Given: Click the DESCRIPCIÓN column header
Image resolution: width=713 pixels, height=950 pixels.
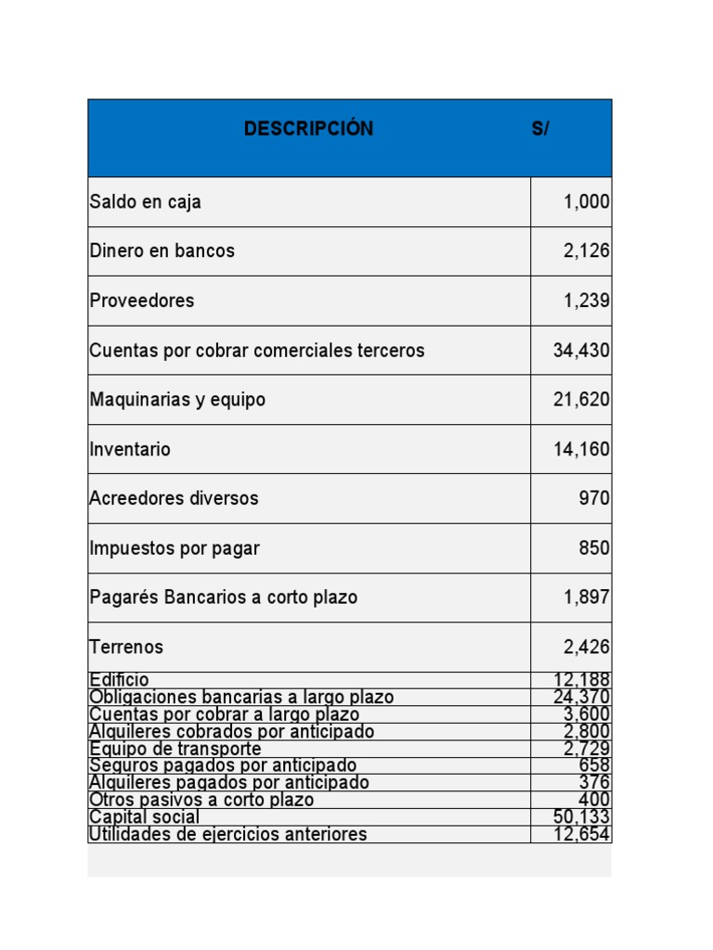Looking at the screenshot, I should coord(308,129).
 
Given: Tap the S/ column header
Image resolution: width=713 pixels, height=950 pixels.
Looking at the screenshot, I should coord(540,129).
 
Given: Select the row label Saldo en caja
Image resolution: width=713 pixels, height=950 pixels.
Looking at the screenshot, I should coord(146,202).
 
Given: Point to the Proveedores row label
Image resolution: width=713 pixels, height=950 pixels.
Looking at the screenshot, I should coord(142,301).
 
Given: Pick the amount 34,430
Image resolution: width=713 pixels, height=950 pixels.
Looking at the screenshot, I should coord(581,351).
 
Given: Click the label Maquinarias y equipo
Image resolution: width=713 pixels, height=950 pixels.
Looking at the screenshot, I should coord(177,400).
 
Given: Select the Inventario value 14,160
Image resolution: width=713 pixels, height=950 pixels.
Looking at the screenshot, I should coord(581,450).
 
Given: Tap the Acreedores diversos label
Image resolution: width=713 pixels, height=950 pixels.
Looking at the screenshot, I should coord(174,498).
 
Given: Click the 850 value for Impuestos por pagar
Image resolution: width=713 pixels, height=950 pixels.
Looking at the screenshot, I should coord(594,548).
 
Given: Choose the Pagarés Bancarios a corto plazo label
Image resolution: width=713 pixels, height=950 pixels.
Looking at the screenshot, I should coord(223,597).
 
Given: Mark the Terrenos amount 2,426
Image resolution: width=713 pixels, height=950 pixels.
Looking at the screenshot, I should coord(587,648).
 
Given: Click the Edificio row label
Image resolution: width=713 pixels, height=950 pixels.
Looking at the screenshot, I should coord(119,680).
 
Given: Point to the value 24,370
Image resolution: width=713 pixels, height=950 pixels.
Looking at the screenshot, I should coord(581,698).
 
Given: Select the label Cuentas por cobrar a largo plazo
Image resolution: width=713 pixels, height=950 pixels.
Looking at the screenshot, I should coord(224,714).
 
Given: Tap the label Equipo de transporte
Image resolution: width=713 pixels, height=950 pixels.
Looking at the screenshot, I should coord(175,749).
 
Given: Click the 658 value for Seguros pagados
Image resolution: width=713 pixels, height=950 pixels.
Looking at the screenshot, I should coord(594,765).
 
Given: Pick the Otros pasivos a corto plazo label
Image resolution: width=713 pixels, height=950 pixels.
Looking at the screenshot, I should coord(201,800).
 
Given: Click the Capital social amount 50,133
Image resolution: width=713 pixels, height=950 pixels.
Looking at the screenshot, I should coord(581,817).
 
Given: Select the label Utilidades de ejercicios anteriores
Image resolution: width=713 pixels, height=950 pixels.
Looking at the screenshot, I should coord(227,834).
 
